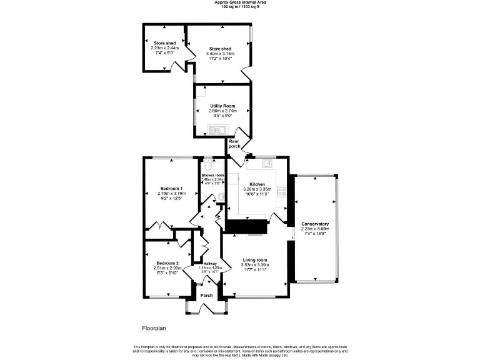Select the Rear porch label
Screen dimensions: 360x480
234,144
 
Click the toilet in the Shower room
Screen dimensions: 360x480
207,160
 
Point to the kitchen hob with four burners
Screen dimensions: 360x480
282,191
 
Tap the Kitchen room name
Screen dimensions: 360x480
257,184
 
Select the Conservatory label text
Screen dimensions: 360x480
315,224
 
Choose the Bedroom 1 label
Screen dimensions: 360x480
171,189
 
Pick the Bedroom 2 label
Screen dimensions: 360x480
167,263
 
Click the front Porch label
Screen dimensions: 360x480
206,295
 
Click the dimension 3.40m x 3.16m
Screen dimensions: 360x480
220,54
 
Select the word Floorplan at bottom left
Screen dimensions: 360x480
153,327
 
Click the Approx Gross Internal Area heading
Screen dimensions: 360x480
240,2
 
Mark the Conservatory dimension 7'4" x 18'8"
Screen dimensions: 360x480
315,234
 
